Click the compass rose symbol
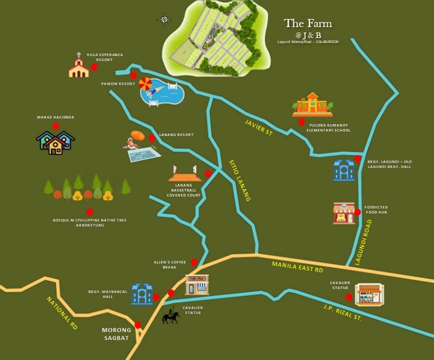pos(164,19)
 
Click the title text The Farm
pos(308,23)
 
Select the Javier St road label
pos(259,127)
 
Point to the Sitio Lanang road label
pos(239,180)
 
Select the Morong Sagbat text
pos(116,334)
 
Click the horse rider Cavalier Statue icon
pos(170,316)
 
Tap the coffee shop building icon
pos(197,284)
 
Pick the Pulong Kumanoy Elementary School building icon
pos(312,105)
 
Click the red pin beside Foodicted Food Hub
pos(358,212)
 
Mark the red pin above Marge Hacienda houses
pos(56,126)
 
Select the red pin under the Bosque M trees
pos(89,212)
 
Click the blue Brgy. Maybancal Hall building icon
pos(141,294)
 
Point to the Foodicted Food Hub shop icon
pos(344,213)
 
